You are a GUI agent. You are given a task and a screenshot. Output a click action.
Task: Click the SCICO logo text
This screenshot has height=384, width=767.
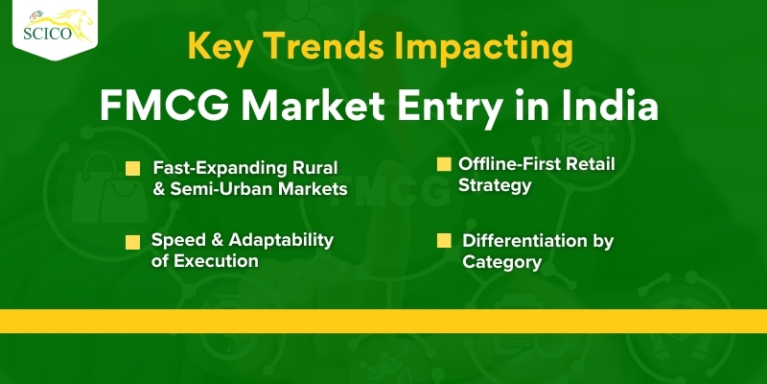[x=47, y=34]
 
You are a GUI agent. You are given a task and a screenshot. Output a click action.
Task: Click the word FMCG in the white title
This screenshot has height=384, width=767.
[x=165, y=106]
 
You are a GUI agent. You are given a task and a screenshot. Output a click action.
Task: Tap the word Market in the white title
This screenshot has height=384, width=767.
[x=314, y=106]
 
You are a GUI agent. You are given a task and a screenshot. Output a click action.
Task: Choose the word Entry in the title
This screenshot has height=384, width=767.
[x=450, y=108]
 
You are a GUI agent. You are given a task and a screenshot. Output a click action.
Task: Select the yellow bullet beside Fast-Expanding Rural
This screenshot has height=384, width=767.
[x=132, y=169]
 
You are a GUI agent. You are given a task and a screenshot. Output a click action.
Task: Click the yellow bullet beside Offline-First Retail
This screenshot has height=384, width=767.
[x=444, y=164]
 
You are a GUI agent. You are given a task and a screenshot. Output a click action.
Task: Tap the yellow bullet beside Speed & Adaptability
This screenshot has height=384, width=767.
[x=132, y=243]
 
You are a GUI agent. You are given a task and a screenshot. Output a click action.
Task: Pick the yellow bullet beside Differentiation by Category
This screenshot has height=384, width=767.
[x=444, y=241]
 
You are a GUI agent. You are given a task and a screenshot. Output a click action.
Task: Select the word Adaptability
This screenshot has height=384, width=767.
[x=281, y=241]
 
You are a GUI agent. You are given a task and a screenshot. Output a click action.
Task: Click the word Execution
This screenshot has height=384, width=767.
[x=216, y=261]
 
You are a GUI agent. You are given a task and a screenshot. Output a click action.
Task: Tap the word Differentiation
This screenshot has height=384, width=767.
[x=521, y=241]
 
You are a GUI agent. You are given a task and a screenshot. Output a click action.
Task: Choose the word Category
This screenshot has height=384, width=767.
[x=501, y=262]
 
